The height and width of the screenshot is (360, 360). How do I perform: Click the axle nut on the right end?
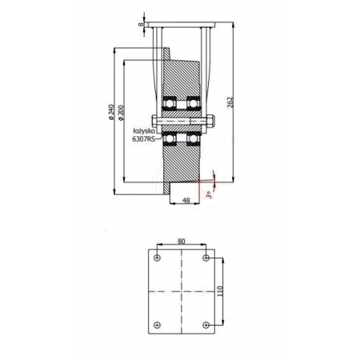[212, 122]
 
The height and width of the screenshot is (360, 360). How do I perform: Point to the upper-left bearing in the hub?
[170, 104]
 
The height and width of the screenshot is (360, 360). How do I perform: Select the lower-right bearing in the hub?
[192, 140]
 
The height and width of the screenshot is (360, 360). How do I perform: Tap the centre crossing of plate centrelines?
[182, 290]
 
